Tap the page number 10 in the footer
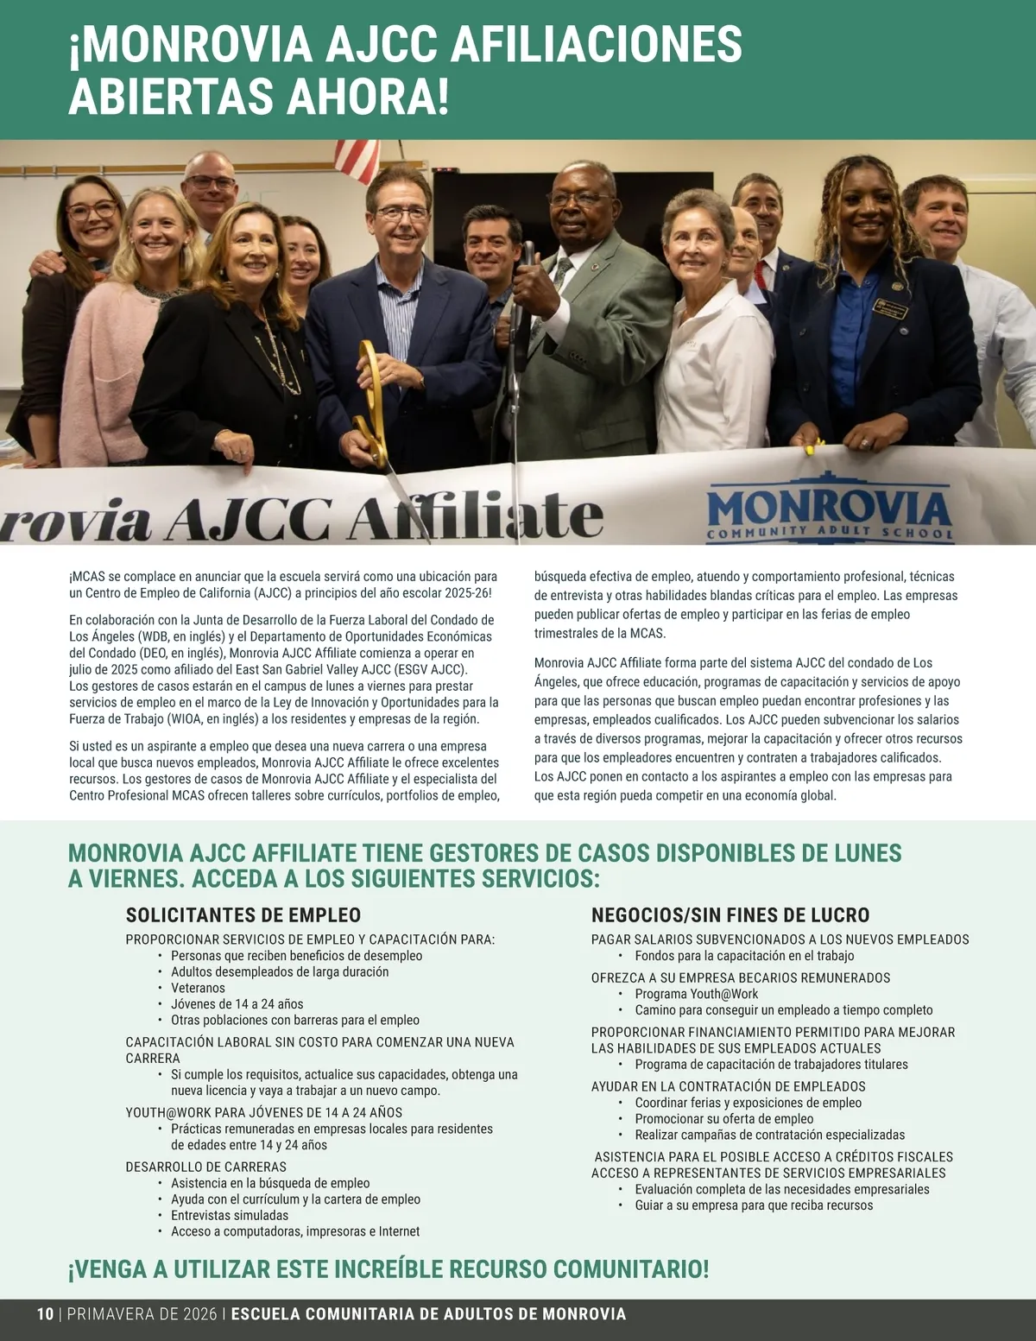coord(45,1314)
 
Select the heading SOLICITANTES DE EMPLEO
coord(243,915)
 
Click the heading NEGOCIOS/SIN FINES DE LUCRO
coord(730,915)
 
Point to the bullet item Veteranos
coord(198,988)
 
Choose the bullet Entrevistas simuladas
coord(230,1215)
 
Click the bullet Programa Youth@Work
coord(697,994)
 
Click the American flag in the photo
coord(357,157)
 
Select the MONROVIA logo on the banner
coord(829,509)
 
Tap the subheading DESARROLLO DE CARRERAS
coord(206,1167)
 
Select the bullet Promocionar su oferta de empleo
coord(724,1118)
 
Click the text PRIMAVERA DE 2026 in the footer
coord(142,1314)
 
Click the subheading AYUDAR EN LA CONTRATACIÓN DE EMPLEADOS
coord(729,1086)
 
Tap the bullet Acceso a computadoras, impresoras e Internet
coord(295,1231)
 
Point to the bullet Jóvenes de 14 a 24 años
coord(237,1004)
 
